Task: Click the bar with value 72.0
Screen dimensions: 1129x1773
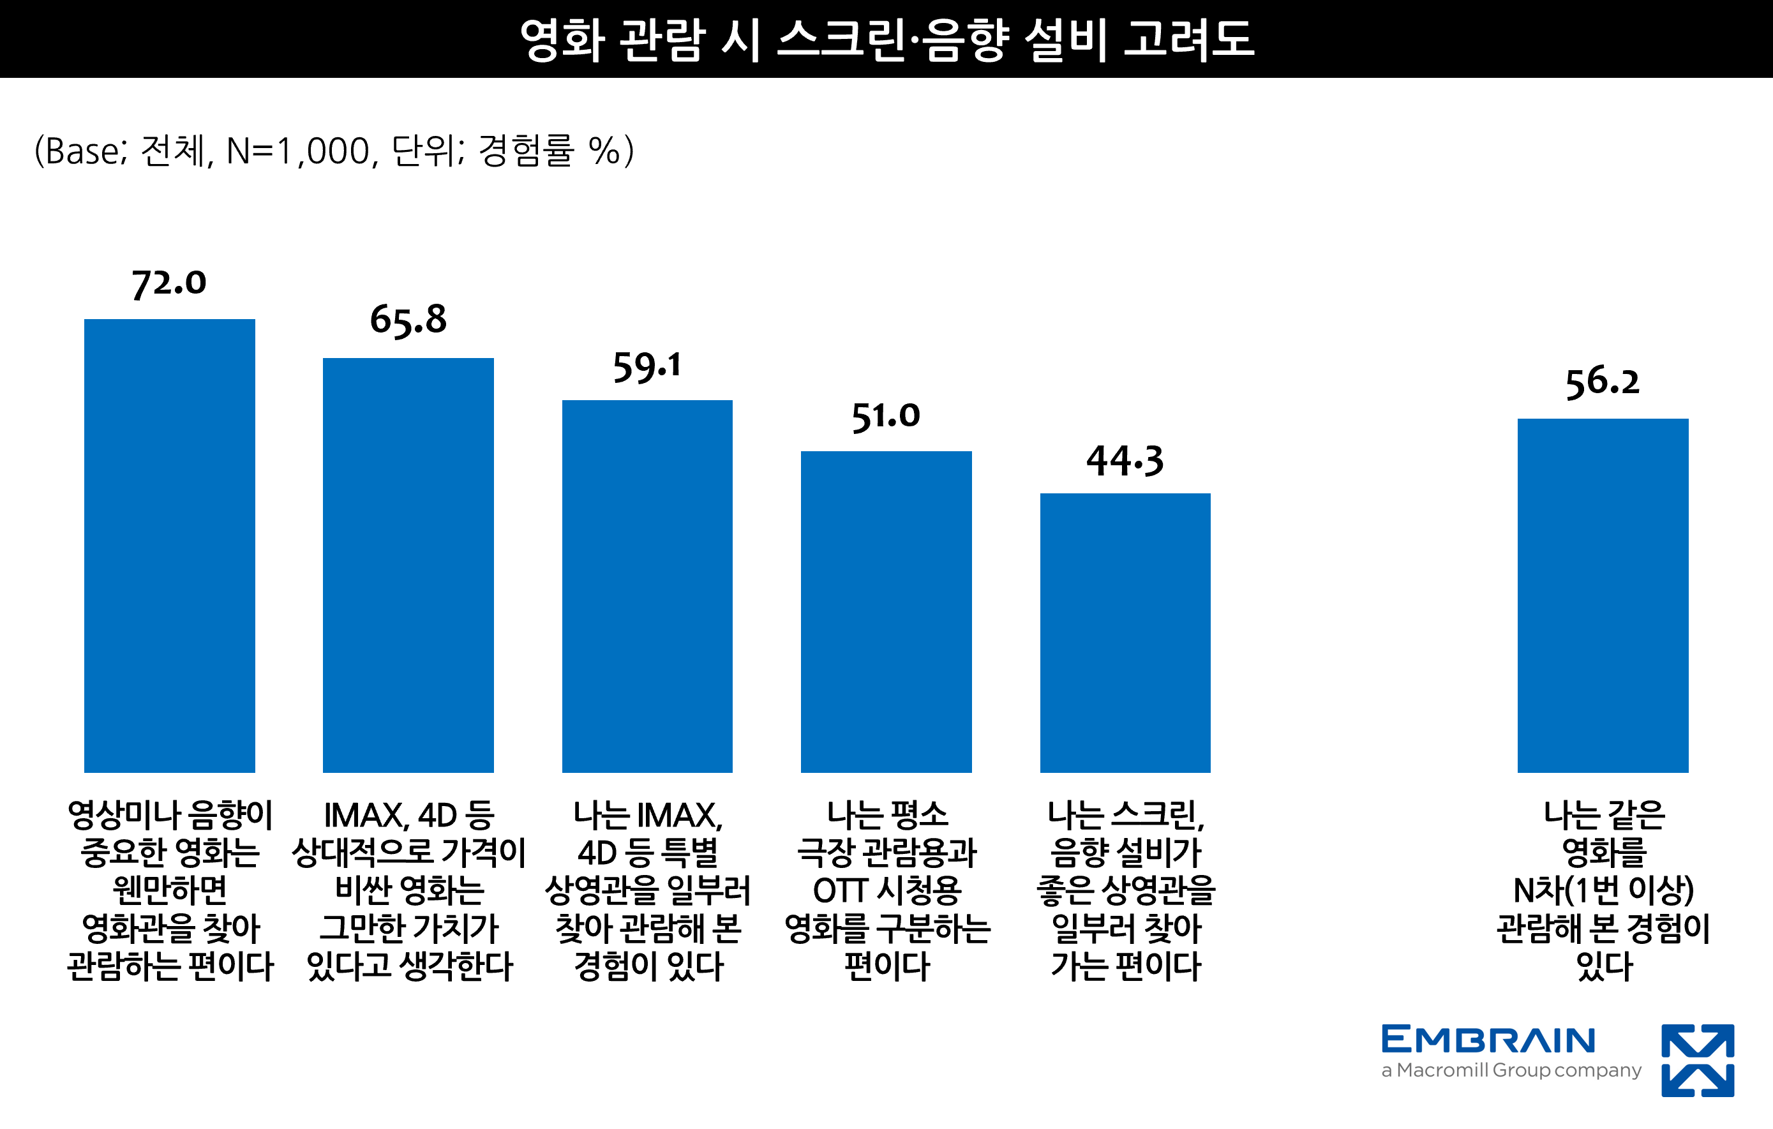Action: click(169, 545)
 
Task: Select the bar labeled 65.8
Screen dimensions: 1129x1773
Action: click(408, 565)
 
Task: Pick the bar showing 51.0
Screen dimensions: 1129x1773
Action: click(886, 611)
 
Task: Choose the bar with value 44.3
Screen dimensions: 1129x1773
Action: click(1125, 632)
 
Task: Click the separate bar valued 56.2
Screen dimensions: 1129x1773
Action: click(1603, 595)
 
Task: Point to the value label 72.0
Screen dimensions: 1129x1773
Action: click(169, 283)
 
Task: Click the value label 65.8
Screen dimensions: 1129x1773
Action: click(408, 320)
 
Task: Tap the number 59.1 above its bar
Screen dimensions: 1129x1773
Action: click(647, 367)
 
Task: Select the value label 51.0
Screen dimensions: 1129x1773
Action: click(886, 417)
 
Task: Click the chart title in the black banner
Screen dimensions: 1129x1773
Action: click(886, 39)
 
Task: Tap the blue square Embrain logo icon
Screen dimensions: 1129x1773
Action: click(1698, 1061)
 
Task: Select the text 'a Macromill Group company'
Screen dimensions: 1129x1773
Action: click(1511, 1070)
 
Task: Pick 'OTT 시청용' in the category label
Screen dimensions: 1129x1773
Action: click(886, 891)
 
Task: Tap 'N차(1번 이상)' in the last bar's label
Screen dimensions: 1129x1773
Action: click(1603, 891)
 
